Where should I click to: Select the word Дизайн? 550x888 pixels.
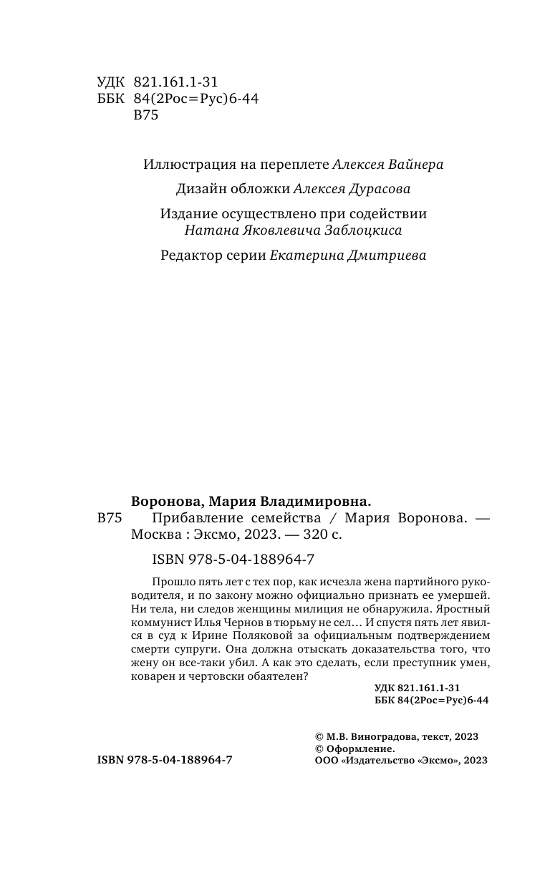198,190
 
